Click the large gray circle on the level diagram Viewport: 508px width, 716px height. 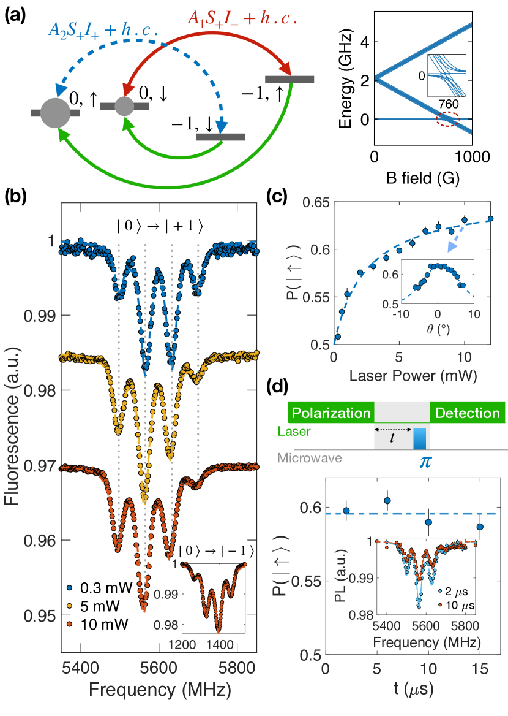pos(55,112)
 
